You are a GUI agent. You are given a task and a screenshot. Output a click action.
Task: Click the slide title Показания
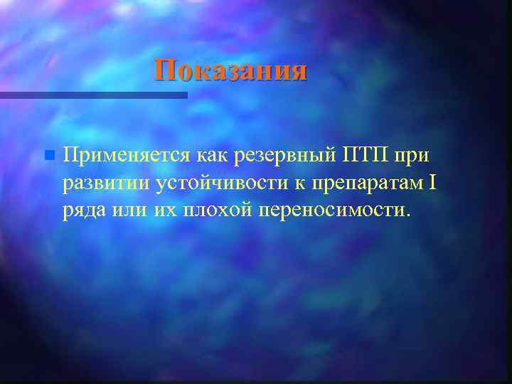click(x=232, y=71)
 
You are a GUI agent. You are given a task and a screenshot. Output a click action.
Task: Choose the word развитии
click(x=105, y=183)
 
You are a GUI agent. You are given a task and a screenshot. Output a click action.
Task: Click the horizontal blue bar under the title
click(x=92, y=95)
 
